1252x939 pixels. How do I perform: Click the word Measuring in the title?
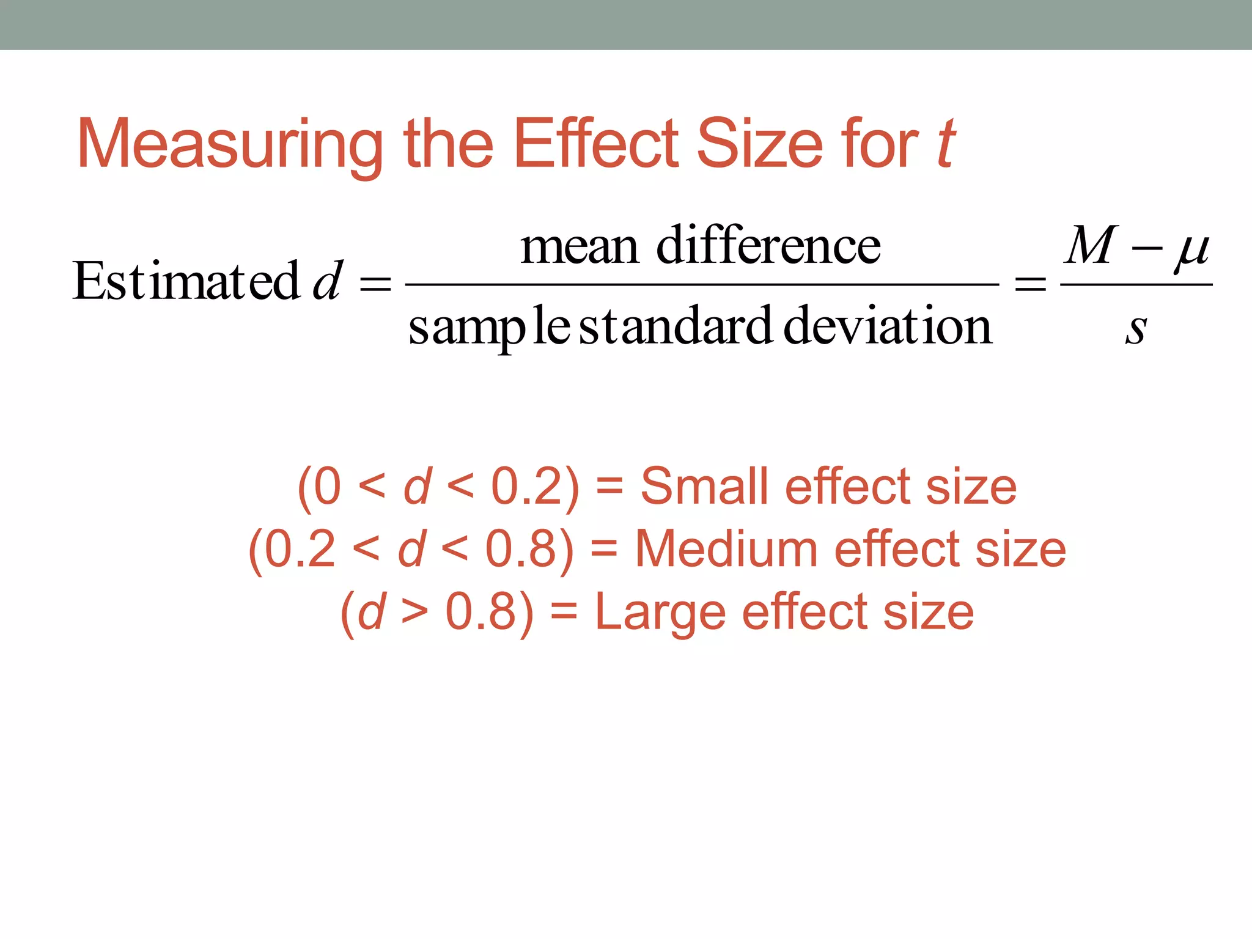tap(229, 145)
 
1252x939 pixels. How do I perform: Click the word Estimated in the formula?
tap(186, 281)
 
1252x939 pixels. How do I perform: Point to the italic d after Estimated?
tap(328, 281)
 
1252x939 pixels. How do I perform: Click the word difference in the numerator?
tap(768, 245)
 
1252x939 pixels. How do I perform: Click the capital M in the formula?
tap(1092, 245)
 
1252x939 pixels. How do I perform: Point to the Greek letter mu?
tap(1191, 249)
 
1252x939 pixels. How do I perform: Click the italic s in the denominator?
tap(1136, 330)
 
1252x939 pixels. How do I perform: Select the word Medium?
tap(726, 549)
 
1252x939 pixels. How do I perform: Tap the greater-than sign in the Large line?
tap(414, 613)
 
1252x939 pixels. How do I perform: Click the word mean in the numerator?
tap(579, 246)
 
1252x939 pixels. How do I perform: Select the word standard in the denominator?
tap(676, 326)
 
